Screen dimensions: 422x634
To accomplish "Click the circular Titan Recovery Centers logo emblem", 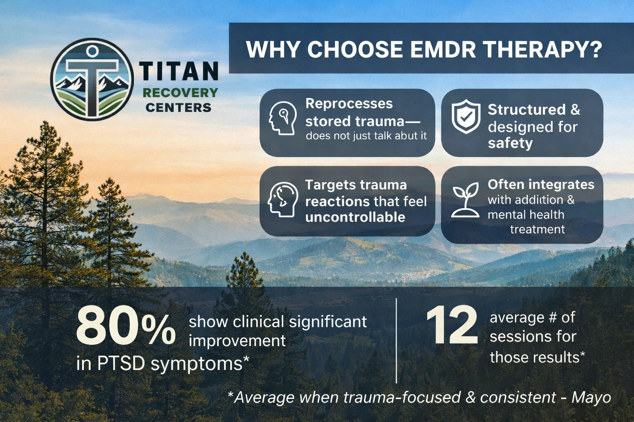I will click(x=92, y=80).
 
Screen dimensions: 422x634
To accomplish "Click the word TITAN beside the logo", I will click(x=179, y=71).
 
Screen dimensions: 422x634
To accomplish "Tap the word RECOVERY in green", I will click(x=180, y=92).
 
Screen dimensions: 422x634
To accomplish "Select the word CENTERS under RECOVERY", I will click(x=178, y=108).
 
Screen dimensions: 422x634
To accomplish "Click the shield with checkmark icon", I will click(x=466, y=117).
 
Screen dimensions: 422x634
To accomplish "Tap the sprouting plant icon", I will click(x=465, y=200).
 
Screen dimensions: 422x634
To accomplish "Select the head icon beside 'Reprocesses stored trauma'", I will click(x=283, y=118).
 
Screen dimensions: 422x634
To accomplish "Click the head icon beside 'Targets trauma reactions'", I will click(x=283, y=199).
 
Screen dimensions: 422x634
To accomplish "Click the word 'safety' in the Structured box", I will click(x=510, y=143).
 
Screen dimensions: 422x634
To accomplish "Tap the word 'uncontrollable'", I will click(x=355, y=217).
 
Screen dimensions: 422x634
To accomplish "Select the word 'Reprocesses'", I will click(x=349, y=103).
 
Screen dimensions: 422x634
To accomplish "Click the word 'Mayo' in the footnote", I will click(x=591, y=397).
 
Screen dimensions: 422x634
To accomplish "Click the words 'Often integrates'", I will click(x=541, y=184).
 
